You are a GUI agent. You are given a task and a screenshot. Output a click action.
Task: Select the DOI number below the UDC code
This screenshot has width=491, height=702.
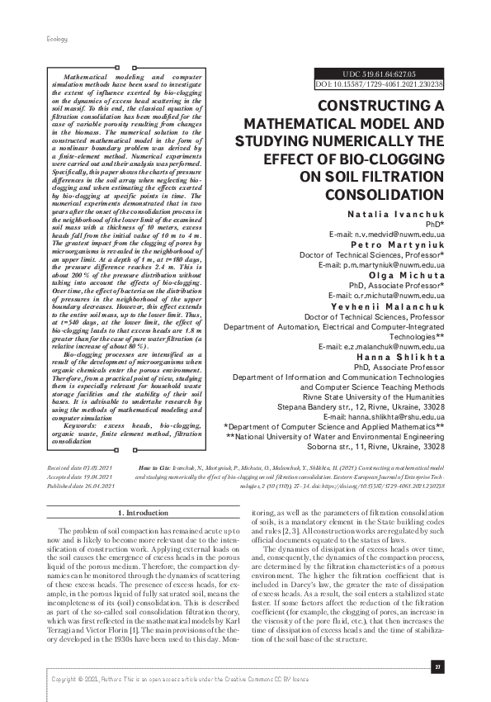(x=380, y=84)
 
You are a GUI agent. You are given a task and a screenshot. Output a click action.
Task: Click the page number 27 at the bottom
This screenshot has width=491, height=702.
(x=438, y=666)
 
